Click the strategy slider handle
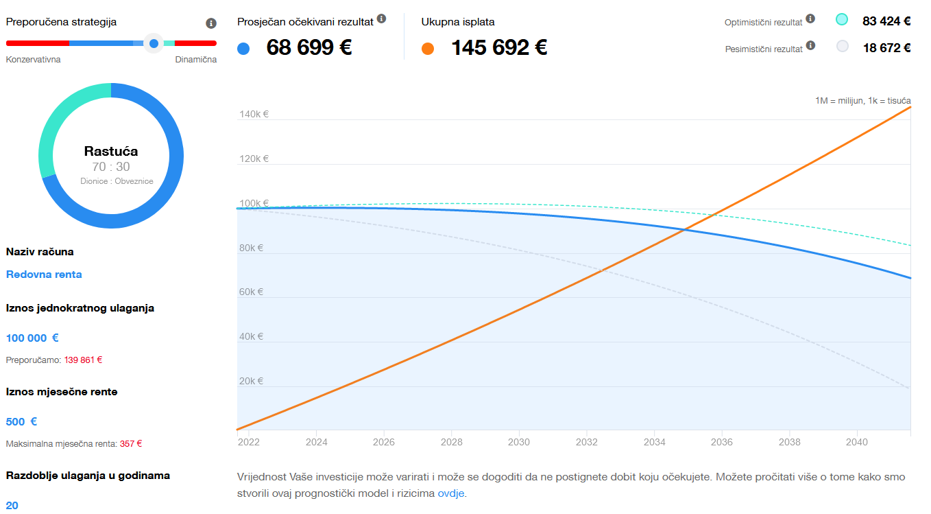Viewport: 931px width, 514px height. click(154, 43)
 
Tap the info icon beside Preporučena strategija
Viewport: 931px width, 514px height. click(211, 23)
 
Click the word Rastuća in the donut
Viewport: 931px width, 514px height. click(111, 151)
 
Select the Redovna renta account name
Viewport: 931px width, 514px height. click(44, 274)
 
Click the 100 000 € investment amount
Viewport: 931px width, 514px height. click(32, 338)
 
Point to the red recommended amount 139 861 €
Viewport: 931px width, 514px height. click(84, 360)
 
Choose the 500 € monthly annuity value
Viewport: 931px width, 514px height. click(21, 421)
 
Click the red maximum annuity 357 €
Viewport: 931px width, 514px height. click(131, 443)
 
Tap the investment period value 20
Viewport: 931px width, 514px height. click(12, 505)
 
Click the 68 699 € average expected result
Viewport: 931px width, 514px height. click(309, 48)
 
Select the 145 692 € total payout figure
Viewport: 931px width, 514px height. click(499, 48)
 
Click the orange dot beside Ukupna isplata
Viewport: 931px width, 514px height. click(428, 48)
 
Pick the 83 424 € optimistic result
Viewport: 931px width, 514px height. click(886, 21)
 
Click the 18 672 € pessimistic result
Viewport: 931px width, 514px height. click(886, 47)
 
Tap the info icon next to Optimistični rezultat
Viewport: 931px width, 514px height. click(810, 19)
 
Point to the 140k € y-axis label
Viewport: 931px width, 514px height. click(254, 115)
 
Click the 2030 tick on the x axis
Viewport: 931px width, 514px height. click(519, 443)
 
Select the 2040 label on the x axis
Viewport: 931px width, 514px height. click(857, 443)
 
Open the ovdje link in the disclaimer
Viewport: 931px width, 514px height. click(451, 493)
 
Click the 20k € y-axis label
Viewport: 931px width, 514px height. click(252, 381)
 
